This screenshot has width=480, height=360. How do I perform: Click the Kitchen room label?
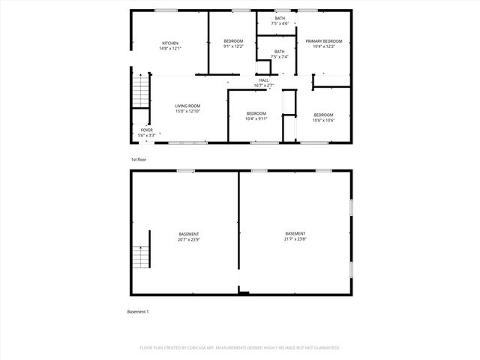[x=171, y=43]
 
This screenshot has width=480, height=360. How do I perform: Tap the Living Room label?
[x=187, y=106]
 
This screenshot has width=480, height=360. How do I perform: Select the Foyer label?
[x=146, y=130]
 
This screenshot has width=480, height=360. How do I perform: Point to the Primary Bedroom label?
[x=323, y=41]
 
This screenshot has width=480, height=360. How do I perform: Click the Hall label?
[x=264, y=80]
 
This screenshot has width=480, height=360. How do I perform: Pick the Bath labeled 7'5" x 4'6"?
[x=279, y=18]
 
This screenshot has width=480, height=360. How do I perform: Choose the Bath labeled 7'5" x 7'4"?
[x=279, y=52]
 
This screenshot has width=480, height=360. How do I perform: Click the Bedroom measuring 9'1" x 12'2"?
[x=233, y=41]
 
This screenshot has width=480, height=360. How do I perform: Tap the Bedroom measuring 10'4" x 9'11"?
[x=256, y=113]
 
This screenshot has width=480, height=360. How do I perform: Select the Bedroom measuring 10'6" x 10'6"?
[x=323, y=115]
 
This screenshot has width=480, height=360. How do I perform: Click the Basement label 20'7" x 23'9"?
[x=188, y=234]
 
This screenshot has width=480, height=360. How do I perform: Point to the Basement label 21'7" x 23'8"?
[x=295, y=233]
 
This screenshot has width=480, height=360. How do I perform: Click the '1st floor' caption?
[x=139, y=160]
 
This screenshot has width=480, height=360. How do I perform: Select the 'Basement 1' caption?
[x=138, y=311]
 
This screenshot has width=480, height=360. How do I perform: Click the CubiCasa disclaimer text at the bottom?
[x=240, y=348]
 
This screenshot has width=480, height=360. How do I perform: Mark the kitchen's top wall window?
[x=166, y=10]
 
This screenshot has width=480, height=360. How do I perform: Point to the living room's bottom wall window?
[x=187, y=142]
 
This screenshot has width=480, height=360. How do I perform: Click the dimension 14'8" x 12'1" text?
[x=171, y=48]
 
